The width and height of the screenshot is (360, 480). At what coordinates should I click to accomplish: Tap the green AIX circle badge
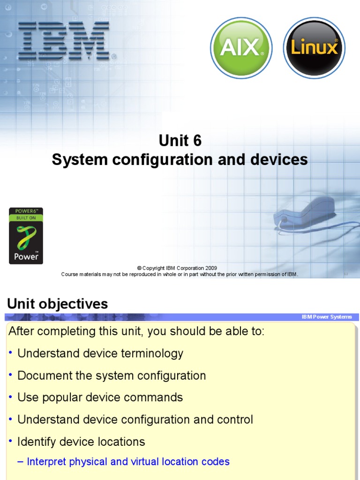pyautogui.click(x=241, y=48)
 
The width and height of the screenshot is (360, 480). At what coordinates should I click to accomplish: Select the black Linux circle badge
pyautogui.click(x=314, y=48)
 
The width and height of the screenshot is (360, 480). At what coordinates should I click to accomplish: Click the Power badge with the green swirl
pyautogui.click(x=26, y=236)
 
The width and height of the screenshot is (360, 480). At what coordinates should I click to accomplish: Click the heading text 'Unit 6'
pyautogui.click(x=180, y=140)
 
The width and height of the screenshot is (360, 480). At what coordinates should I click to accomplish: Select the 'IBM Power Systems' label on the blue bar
pyautogui.click(x=327, y=317)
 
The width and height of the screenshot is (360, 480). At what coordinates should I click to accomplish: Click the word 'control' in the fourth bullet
pyautogui.click(x=234, y=420)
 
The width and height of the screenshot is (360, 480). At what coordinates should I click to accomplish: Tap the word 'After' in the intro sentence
pyautogui.click(x=21, y=331)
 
